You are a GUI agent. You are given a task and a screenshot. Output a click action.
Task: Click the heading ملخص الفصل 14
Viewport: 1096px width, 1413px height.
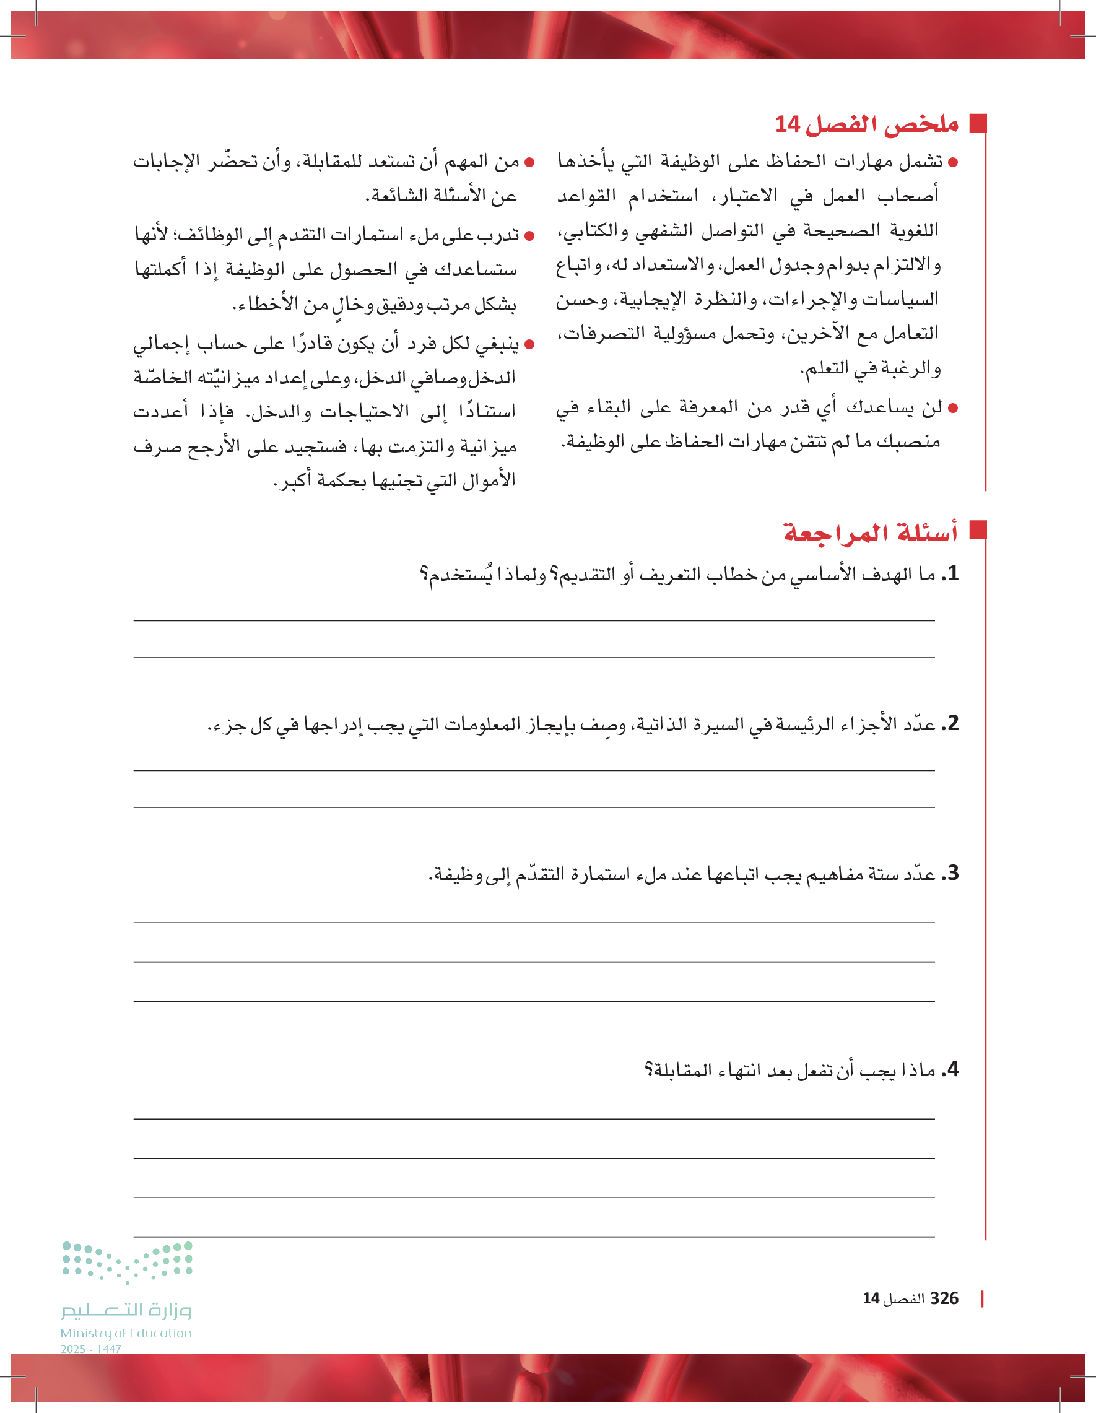coord(866,124)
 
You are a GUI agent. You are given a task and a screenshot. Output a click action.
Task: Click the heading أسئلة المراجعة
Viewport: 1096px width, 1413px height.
coord(870,533)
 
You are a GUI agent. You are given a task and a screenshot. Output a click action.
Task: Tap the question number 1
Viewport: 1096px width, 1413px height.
coord(950,574)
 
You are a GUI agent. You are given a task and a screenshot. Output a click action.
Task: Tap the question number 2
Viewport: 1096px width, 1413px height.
coord(950,723)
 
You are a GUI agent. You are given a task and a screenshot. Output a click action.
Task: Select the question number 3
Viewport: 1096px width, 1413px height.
coord(950,874)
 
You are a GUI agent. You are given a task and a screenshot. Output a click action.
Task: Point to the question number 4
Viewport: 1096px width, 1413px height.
coord(950,1069)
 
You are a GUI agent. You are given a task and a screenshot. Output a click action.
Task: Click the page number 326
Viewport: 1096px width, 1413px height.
coord(944,1298)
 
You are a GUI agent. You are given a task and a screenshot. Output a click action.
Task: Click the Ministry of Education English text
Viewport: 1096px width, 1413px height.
coord(126,1333)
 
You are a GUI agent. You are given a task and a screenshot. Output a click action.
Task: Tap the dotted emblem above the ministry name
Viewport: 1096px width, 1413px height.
coord(127,1262)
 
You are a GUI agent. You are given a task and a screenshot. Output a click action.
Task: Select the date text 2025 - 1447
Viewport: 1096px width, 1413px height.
coord(91,1349)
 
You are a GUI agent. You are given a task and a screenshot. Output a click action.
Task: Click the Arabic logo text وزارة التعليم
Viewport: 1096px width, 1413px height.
coord(127,1310)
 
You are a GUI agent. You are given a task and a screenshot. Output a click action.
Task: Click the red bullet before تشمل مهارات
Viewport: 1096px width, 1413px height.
coord(952,162)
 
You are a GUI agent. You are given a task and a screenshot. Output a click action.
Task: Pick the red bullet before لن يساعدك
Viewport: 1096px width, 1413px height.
coord(952,408)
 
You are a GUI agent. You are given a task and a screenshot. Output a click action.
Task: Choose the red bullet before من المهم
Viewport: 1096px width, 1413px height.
coord(529,162)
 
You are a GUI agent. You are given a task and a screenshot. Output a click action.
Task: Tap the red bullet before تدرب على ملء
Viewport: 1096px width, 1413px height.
coord(529,236)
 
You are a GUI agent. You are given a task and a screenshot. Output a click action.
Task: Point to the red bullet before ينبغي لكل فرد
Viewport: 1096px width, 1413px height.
coord(529,345)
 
